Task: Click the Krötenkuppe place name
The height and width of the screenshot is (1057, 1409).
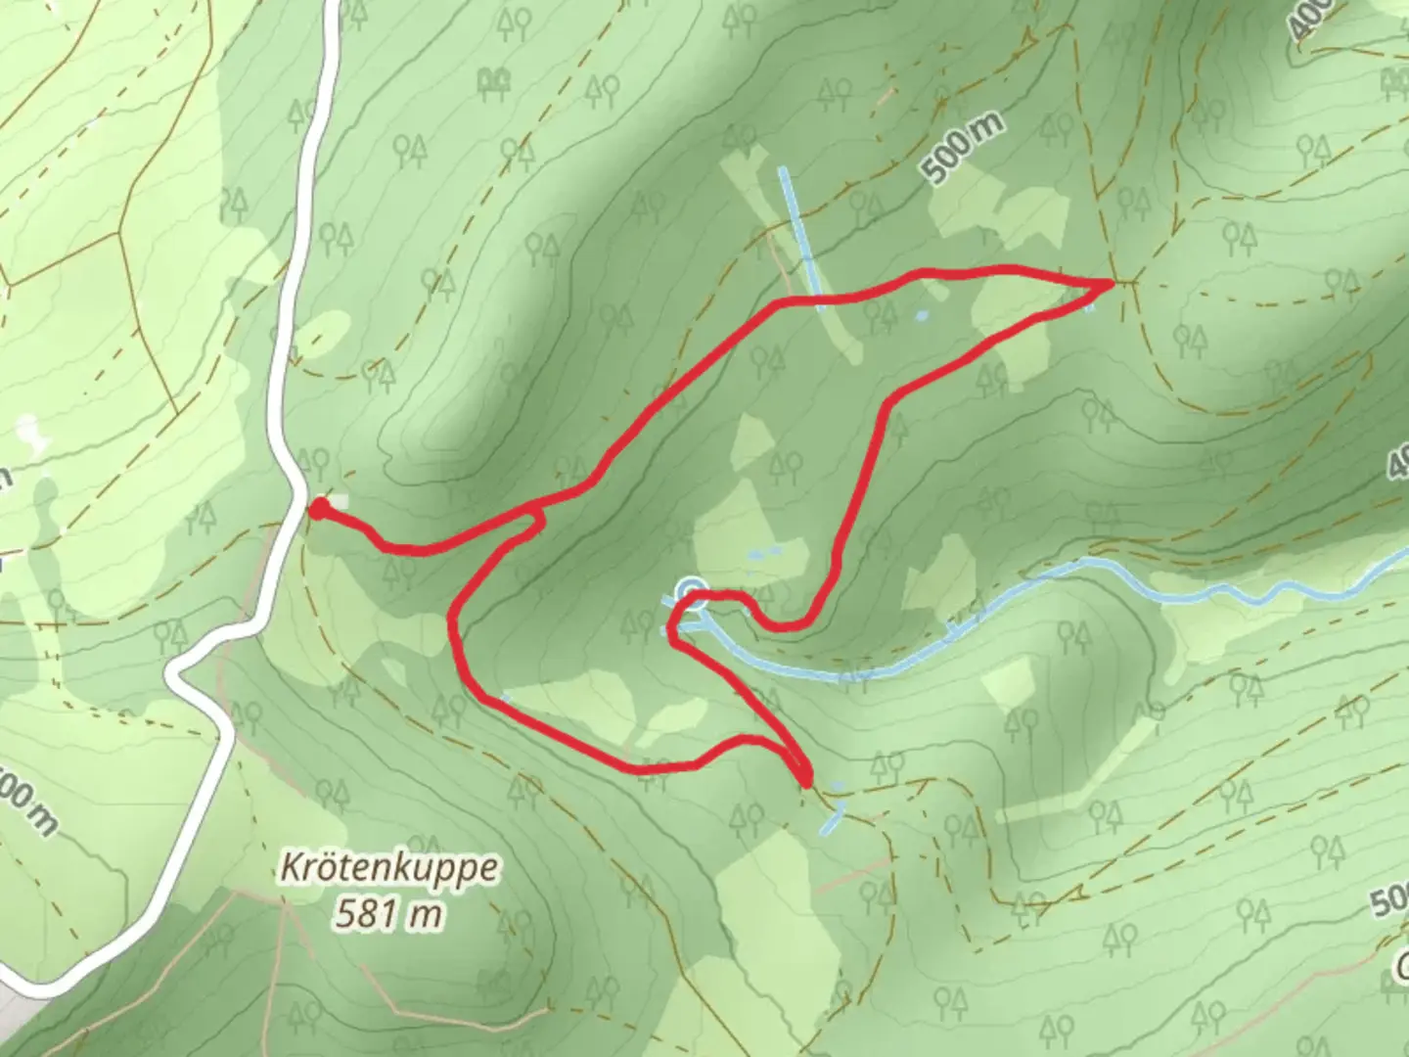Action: click(389, 868)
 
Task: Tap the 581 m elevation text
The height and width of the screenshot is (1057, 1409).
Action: click(387, 915)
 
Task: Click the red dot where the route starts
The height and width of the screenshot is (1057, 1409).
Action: click(318, 507)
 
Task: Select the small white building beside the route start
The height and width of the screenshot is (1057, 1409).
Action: click(338, 501)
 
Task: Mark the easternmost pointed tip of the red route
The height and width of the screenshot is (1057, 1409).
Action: click(1112, 283)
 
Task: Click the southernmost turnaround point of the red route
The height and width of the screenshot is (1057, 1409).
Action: click(805, 781)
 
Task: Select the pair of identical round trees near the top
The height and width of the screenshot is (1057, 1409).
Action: click(496, 82)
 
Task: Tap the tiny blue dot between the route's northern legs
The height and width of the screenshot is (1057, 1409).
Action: click(921, 316)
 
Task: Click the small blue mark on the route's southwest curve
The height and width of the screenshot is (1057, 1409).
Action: click(505, 697)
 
